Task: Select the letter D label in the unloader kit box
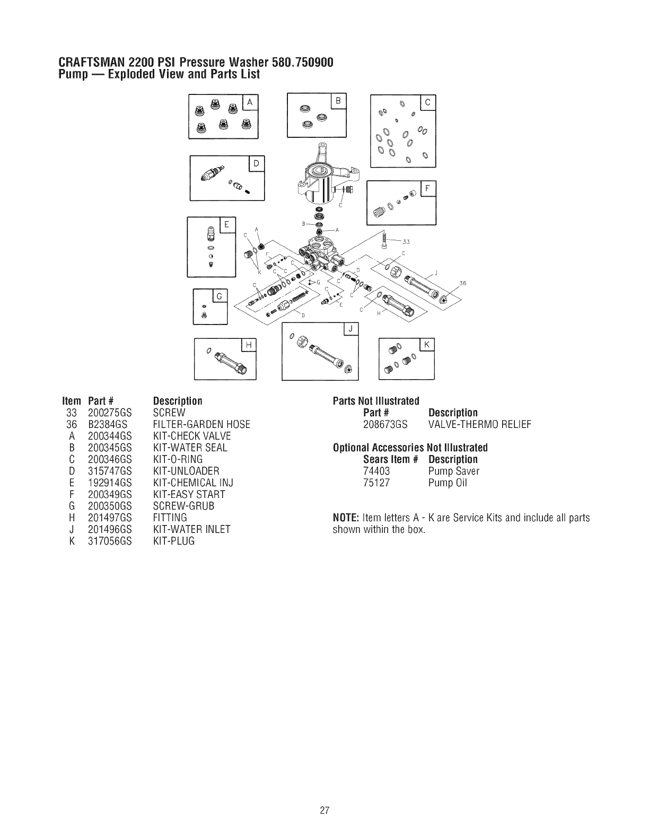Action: click(256, 164)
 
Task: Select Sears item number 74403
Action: click(377, 471)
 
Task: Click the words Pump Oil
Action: click(448, 483)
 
